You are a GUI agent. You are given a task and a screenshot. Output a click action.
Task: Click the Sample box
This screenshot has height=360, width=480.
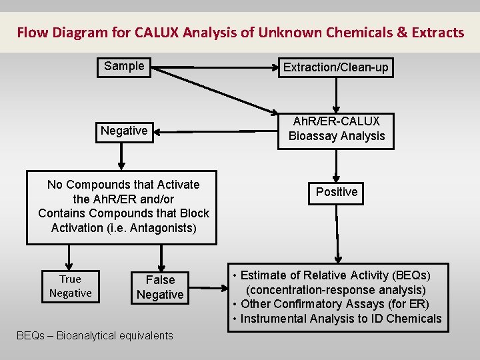124,67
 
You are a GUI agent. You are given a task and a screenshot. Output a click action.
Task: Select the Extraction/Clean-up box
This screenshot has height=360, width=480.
335,67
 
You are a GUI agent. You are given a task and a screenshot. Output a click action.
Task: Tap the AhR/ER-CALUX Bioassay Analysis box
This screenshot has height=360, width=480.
337,129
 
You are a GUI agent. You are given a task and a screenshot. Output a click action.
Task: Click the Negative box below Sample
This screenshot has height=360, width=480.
124,131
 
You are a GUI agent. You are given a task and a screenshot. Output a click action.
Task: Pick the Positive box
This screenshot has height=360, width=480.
337,192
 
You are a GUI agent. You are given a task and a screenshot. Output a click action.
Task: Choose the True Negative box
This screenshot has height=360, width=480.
70,286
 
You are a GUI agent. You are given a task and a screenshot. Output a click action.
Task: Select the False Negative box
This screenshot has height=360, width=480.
160,287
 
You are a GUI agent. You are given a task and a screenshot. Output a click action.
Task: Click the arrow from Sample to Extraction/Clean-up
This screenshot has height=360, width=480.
213,67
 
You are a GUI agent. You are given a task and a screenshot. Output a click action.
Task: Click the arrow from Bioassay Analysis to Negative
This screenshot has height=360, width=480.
213,132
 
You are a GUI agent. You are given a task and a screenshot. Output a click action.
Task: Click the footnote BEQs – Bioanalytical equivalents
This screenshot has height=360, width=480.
94,335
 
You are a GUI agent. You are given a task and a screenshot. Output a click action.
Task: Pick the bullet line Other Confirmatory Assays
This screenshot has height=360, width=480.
331,304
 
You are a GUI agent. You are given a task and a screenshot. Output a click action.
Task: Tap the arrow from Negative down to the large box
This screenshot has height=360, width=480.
121,155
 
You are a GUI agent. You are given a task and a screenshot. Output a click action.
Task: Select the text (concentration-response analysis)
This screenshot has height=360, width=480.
335,290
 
